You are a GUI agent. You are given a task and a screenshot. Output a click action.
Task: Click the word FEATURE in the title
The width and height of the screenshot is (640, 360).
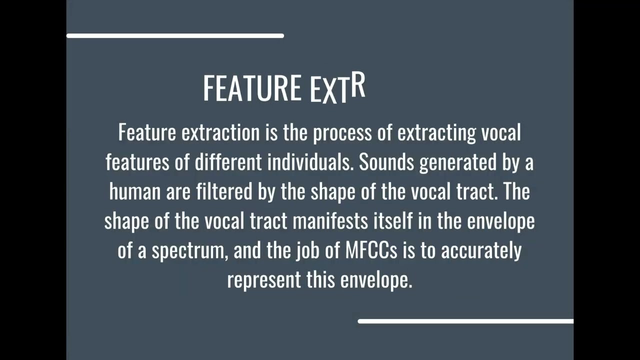(x=251, y=88)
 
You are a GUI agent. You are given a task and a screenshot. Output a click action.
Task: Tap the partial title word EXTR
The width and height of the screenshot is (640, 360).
(x=337, y=89)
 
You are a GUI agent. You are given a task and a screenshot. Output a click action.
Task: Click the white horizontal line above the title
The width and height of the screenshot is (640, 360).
(x=175, y=36)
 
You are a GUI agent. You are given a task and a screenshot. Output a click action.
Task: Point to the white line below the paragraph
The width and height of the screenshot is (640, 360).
(x=465, y=321)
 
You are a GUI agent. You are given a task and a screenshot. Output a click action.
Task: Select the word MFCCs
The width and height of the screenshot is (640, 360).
(x=371, y=250)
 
